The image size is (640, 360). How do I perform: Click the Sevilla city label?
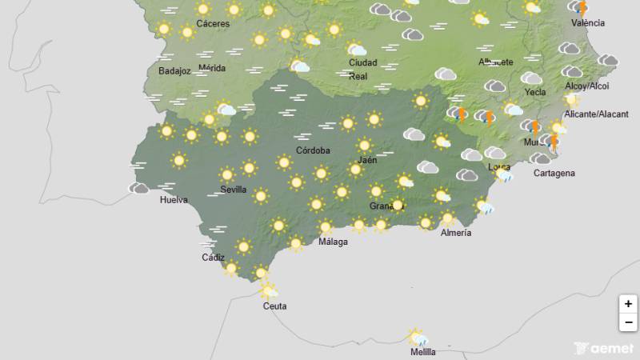[234, 190]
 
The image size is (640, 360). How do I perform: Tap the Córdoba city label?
[313, 150]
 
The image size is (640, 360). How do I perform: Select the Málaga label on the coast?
[334, 242]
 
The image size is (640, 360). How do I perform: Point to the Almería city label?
[456, 233]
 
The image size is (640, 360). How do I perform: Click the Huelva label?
[173, 199]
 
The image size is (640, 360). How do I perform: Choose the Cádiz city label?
[213, 258]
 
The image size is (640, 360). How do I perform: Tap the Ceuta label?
[274, 306]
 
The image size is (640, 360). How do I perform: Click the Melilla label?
[422, 352]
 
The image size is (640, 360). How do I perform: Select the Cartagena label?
[531, 173]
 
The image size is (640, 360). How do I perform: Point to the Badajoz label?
[174, 70]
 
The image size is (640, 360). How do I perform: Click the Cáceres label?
[213, 24]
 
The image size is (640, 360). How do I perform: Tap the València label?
[588, 23]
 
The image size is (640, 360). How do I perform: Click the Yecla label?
[535, 92]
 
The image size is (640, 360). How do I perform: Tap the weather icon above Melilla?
[417, 337]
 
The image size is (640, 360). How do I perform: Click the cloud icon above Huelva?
[140, 189]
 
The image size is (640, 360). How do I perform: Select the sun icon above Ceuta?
[268, 290]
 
